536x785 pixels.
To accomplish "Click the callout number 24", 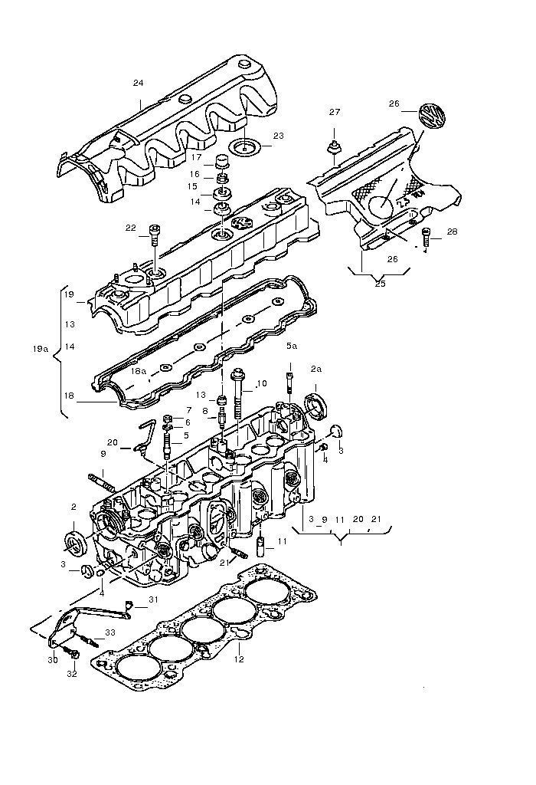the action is pyautogui.click(x=138, y=83).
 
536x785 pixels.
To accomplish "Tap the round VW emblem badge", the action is pyautogui.click(x=433, y=116).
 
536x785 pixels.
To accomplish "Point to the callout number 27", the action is pyautogui.click(x=335, y=112).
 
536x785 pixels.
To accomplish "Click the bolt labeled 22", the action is pyautogui.click(x=155, y=235).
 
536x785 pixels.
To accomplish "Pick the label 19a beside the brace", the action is pyautogui.click(x=41, y=349).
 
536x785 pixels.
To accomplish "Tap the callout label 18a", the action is pyautogui.click(x=139, y=371).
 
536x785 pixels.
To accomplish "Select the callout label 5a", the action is pyautogui.click(x=292, y=346).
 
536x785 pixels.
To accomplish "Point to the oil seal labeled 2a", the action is pyautogui.click(x=316, y=406).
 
